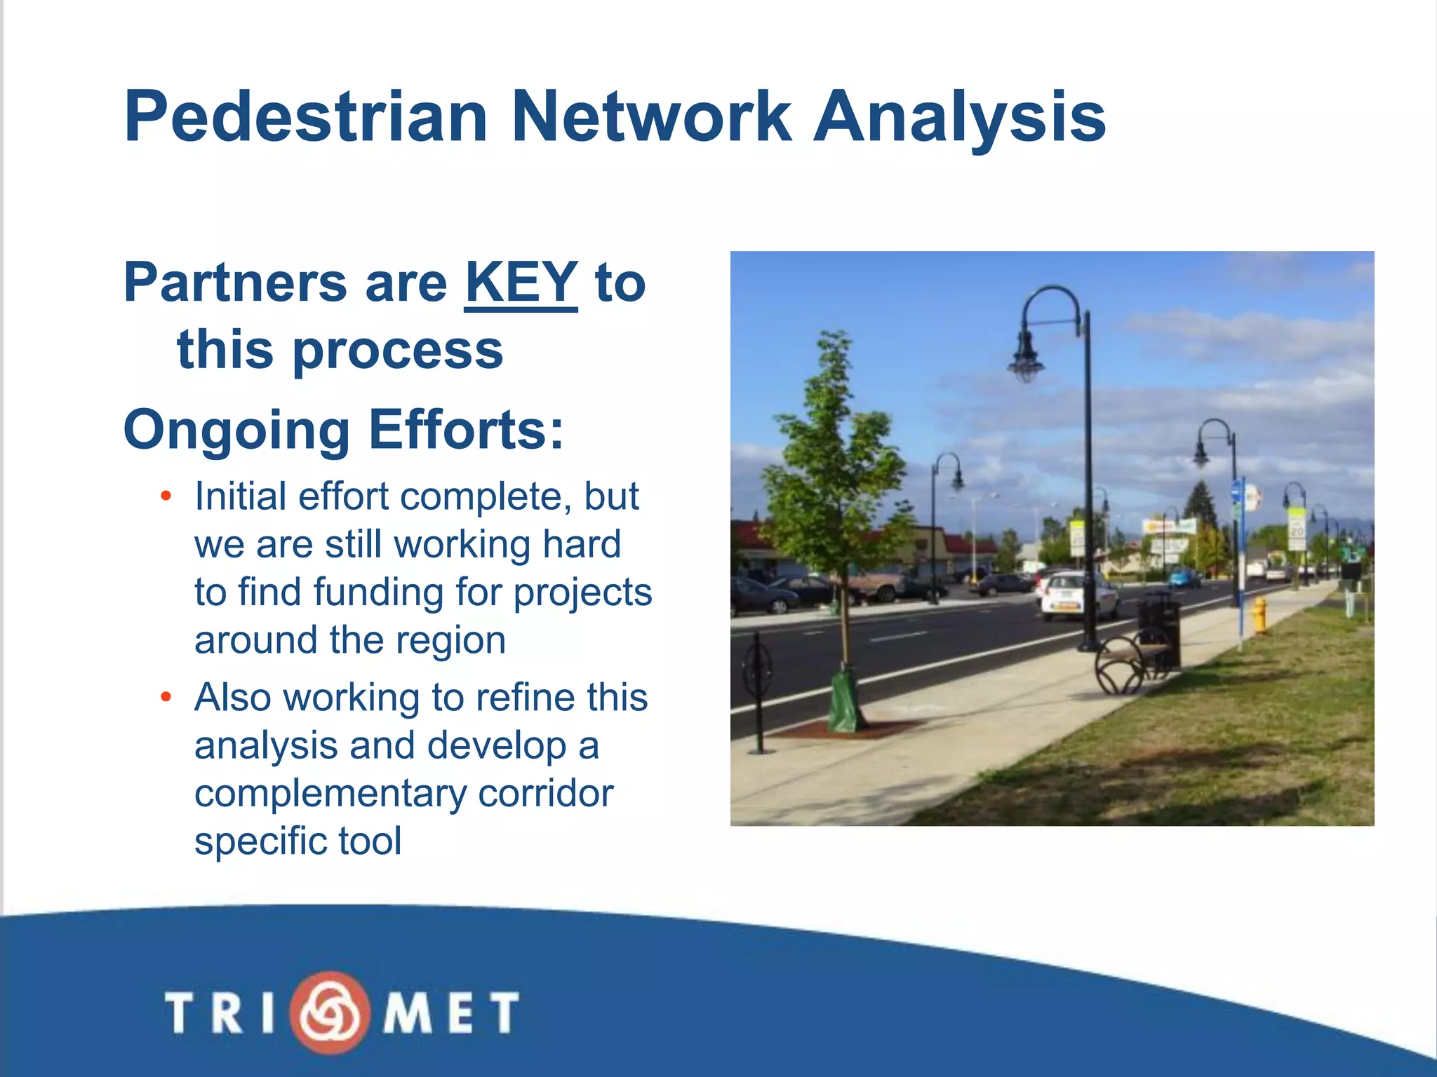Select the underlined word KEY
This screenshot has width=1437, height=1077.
pyautogui.click(x=521, y=283)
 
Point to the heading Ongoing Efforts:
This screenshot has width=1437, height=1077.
pyautogui.click(x=343, y=429)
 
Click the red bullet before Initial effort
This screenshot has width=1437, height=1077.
pyautogui.click(x=166, y=497)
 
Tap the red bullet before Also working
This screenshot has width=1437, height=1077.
pyautogui.click(x=166, y=698)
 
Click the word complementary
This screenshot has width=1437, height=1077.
pyautogui.click(x=330, y=794)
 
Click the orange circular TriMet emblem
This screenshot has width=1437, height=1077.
pyautogui.click(x=330, y=1012)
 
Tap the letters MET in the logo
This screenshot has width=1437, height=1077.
pyautogui.click(x=450, y=1012)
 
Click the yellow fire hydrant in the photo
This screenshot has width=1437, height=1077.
pyautogui.click(x=1260, y=614)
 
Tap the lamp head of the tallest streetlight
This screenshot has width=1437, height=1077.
pyautogui.click(x=1026, y=358)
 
